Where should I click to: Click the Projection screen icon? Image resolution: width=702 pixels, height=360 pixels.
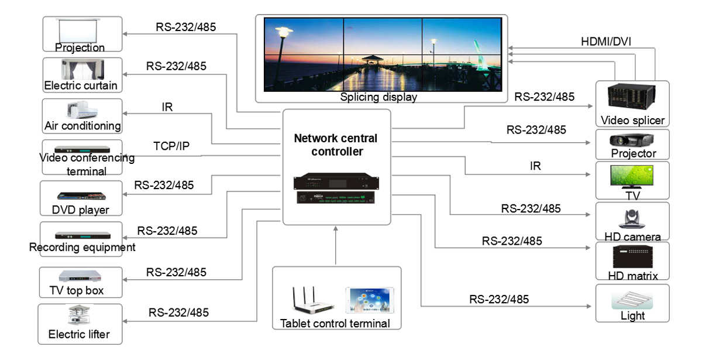(x=82, y=30)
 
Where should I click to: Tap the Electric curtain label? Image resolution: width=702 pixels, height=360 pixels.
(x=81, y=85)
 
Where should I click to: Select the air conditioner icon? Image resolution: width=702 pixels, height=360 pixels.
(x=82, y=110)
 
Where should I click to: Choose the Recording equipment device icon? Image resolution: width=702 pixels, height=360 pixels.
(x=82, y=235)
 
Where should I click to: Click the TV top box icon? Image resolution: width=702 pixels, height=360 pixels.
(x=81, y=276)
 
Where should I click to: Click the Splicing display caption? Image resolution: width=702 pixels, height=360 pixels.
(x=378, y=97)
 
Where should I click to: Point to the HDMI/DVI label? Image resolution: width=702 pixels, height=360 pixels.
(x=606, y=42)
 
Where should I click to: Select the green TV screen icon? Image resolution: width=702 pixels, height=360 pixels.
(x=632, y=175)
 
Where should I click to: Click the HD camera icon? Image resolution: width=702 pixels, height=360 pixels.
(x=632, y=219)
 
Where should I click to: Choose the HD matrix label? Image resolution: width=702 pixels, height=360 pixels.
(x=634, y=275)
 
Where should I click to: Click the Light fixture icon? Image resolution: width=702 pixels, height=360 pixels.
(x=632, y=299)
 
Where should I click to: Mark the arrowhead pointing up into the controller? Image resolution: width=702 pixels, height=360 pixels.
(x=336, y=229)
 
